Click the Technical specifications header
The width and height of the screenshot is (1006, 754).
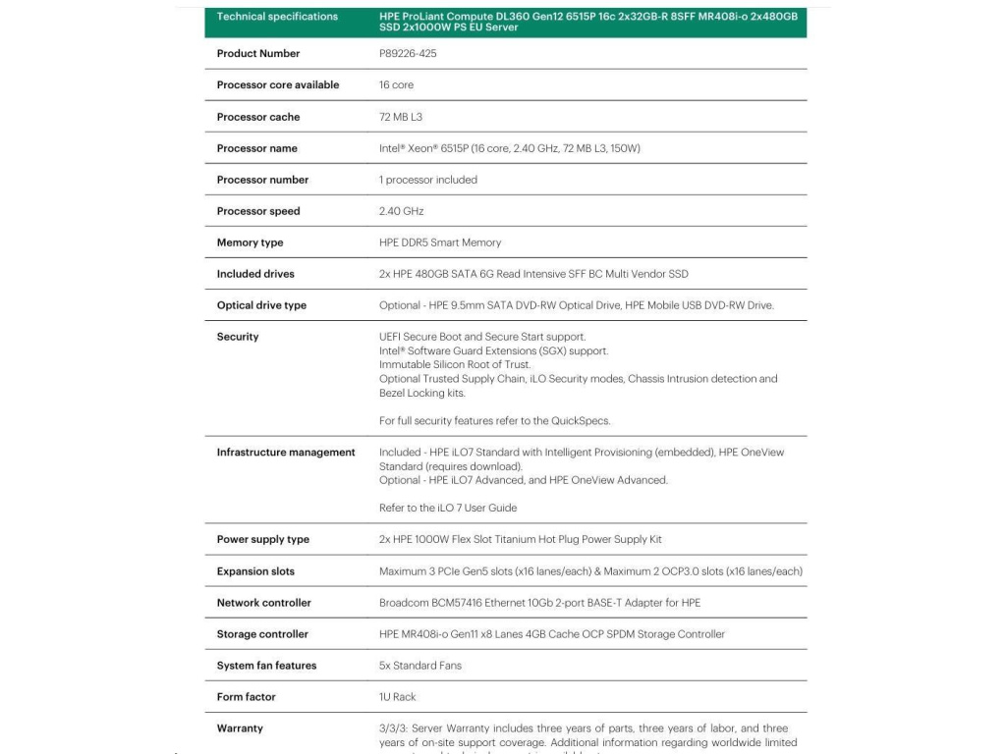277,17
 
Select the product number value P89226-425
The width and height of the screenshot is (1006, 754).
408,54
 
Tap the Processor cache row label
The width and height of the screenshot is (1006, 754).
258,117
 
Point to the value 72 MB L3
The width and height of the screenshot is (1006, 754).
401,117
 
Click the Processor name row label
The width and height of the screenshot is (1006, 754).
256,148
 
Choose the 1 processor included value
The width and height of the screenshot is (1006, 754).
428,180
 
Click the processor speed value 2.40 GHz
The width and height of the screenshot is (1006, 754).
402,211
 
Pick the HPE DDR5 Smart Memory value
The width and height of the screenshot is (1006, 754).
440,242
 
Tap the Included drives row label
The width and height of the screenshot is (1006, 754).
255,274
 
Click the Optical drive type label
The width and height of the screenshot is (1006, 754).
261,305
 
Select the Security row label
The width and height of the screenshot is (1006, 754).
238,337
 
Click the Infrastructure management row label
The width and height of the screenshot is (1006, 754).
286,453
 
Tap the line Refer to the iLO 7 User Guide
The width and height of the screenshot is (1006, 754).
448,508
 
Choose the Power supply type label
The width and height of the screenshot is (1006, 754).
263,539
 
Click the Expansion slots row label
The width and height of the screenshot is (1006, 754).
255,571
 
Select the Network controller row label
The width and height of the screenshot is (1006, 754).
264,603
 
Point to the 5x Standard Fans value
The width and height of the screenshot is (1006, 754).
420,666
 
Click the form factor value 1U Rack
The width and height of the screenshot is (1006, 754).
398,697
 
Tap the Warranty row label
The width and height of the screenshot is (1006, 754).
240,728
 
